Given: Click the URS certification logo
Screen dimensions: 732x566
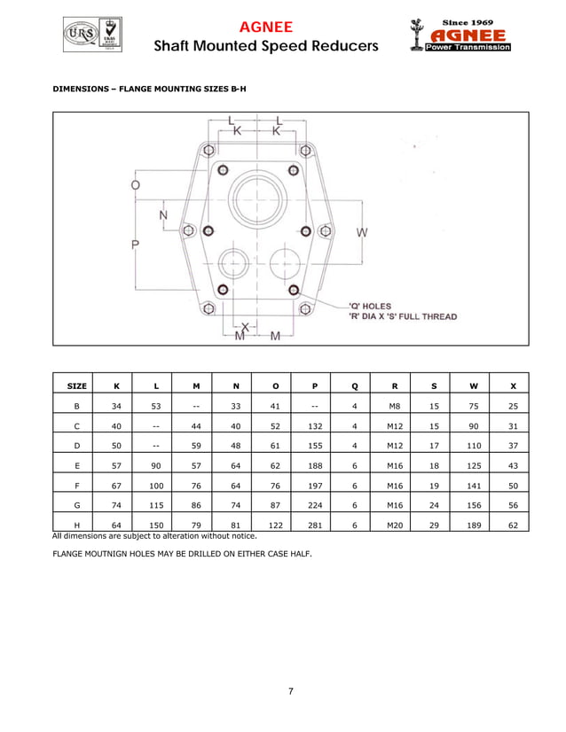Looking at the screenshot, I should (77, 35).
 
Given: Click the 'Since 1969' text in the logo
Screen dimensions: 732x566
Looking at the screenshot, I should (468, 21).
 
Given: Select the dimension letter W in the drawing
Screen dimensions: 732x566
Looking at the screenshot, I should (362, 232).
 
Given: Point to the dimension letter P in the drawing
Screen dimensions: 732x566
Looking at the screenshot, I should (135, 245).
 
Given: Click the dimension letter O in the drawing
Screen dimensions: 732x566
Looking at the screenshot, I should (135, 185).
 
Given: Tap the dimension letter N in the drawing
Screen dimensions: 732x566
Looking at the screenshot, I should (164, 216).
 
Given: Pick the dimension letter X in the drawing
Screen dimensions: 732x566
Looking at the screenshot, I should (246, 325).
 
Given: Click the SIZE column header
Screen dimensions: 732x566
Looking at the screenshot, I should (76, 385).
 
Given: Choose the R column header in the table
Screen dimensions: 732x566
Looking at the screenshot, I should (394, 385).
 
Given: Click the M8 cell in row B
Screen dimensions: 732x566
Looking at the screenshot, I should (394, 405).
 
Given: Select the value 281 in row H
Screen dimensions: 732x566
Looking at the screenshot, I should (315, 525).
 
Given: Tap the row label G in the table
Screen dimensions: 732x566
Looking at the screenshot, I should (77, 505).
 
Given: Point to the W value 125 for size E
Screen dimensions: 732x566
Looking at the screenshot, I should (474, 465).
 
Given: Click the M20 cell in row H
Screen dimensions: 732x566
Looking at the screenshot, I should (394, 525).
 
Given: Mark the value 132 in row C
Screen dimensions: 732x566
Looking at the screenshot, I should (315, 425).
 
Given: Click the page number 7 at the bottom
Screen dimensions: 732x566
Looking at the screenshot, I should (290, 691).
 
